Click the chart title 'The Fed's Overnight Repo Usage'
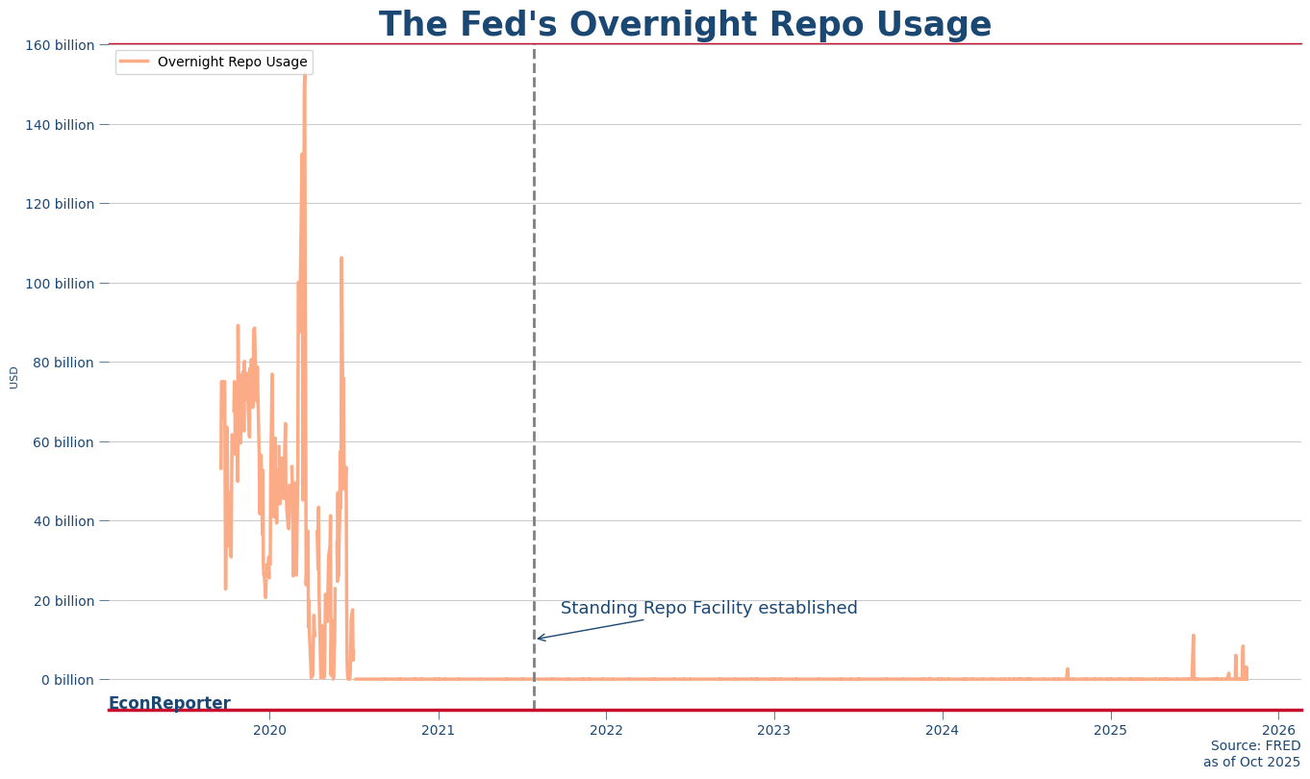[x=685, y=25]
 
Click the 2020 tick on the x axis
[x=269, y=730]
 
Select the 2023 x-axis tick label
[x=774, y=730]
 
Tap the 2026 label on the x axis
[x=1278, y=730]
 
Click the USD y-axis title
[x=14, y=377]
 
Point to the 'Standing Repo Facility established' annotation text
[x=709, y=609]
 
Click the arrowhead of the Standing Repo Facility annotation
[x=539, y=638]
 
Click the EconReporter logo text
[x=169, y=703]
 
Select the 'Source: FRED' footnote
[x=1255, y=746]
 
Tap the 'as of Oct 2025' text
[x=1251, y=763]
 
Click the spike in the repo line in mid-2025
[x=1193, y=637]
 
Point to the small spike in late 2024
[x=1067, y=669]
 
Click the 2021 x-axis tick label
[x=439, y=730]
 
